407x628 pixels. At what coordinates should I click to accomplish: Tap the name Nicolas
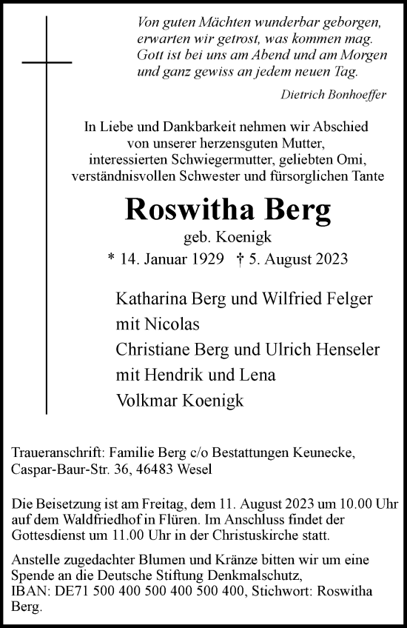[x=174, y=324]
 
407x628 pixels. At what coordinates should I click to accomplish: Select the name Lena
[x=259, y=374]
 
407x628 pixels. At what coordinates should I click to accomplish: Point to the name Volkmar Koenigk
[x=180, y=400]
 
